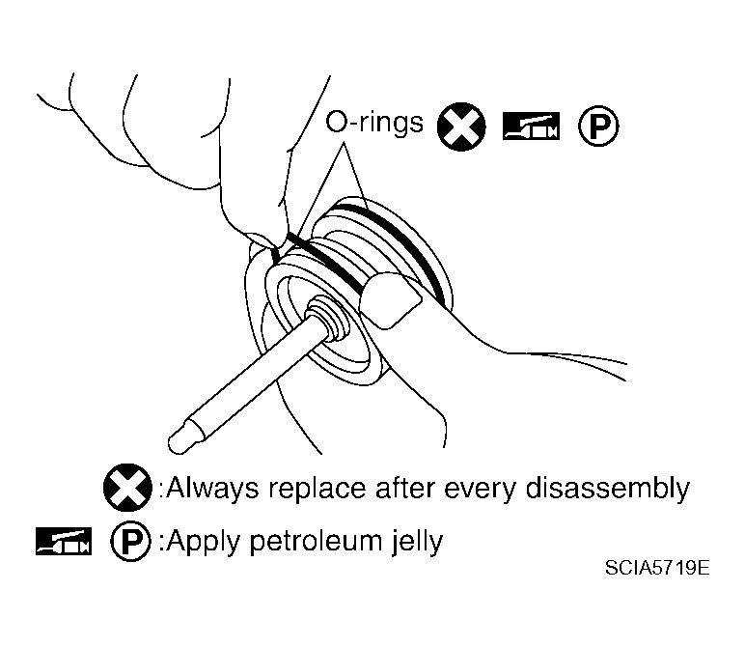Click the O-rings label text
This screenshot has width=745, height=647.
[x=373, y=122]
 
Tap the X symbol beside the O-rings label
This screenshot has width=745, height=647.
[x=461, y=127]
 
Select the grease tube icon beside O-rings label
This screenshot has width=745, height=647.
[x=531, y=126]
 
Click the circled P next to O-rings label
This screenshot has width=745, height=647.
[x=598, y=126]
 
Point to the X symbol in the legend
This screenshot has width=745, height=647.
[x=127, y=488]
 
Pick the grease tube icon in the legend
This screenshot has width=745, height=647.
[x=64, y=541]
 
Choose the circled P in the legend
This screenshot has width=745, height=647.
[x=130, y=541]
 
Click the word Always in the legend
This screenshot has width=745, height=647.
[x=212, y=489]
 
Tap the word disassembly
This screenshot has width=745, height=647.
[x=607, y=489]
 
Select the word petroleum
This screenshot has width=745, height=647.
[x=316, y=541]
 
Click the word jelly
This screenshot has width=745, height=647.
[x=417, y=542]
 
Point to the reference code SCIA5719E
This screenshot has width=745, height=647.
[x=657, y=567]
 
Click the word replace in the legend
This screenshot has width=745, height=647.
[x=317, y=490]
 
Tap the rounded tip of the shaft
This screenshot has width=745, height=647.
[x=177, y=440]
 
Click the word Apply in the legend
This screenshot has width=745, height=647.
[x=204, y=542]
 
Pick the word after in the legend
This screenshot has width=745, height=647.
[x=403, y=489]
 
